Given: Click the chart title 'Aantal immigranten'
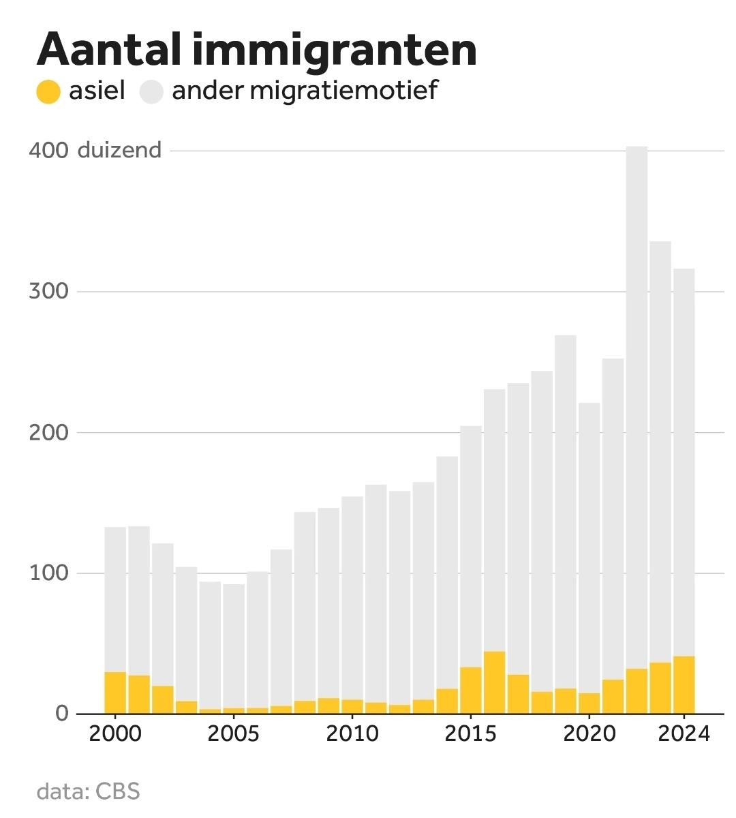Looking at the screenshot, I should coord(256,49).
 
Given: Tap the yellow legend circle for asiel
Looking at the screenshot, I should coord(48,91).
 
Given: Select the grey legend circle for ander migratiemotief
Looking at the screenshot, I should coord(151,91).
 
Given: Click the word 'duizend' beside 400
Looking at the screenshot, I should coord(119,150).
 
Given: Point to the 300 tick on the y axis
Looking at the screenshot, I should coord(48,291).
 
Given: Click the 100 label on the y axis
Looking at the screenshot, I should coord(48,573).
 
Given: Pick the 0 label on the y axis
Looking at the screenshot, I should coord(62,713).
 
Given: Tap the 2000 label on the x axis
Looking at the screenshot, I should coord(115,734).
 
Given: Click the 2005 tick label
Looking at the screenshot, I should coord(233,734).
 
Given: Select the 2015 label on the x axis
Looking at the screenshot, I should coord(470,734).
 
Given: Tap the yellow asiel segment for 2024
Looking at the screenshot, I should coord(684,684).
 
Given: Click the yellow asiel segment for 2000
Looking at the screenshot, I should coord(115,693).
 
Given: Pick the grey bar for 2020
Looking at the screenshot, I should coord(589,545).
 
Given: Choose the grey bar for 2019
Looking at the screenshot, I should coord(565,511).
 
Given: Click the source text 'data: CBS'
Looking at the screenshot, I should coord(88,791).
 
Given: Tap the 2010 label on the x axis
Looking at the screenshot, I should coord(352,734).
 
